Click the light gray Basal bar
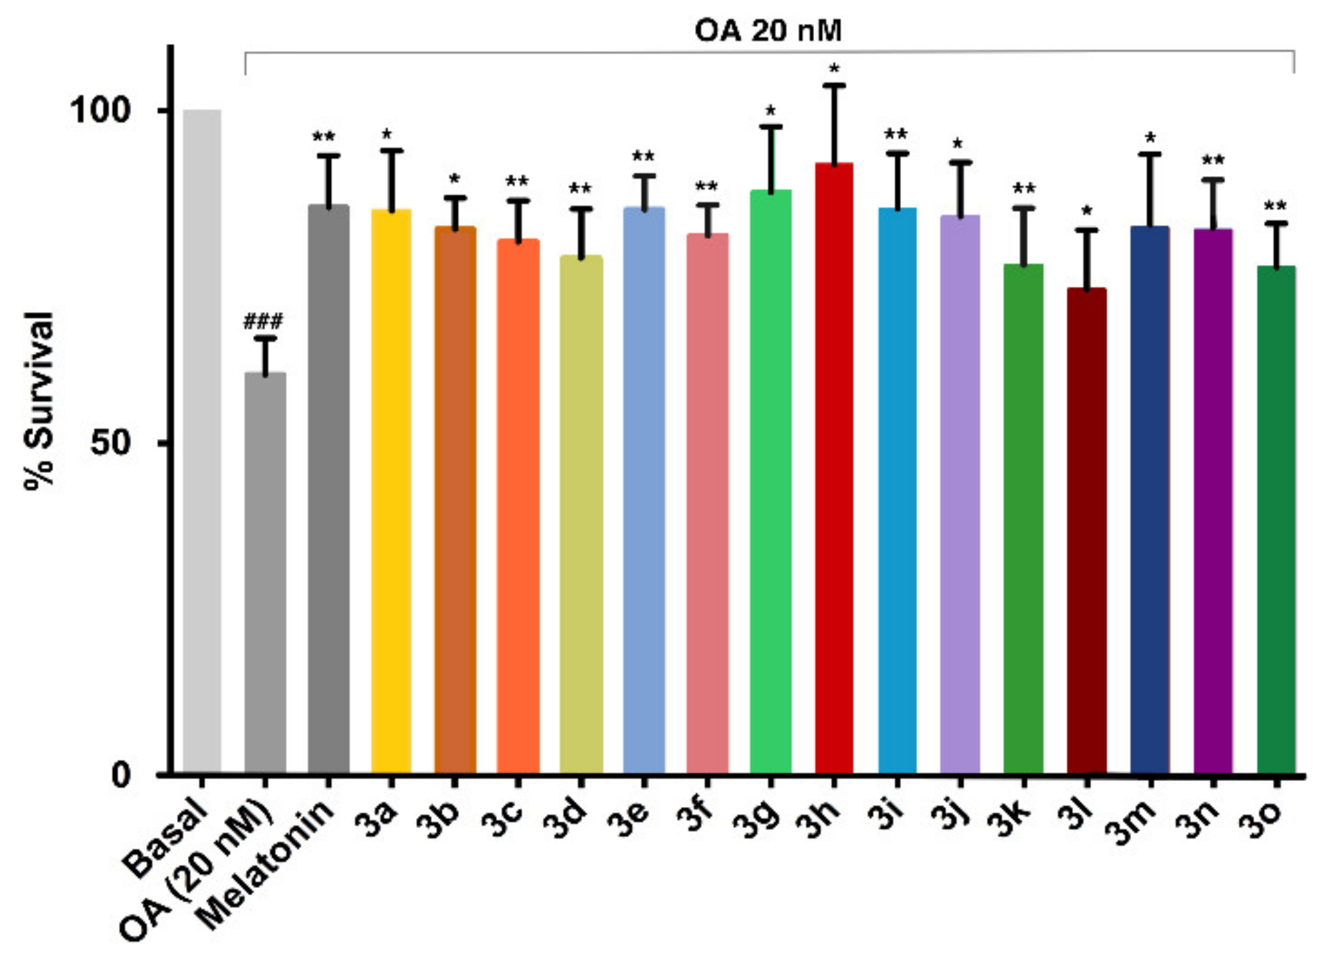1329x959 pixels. coord(202,442)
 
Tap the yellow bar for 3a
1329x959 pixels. coord(391,491)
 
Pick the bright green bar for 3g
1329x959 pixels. coord(771,481)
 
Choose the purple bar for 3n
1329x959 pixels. coord(1213,501)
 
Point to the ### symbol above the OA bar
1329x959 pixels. coord(263,322)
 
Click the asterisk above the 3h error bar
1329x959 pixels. coord(835,69)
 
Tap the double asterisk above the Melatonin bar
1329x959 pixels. coord(324,138)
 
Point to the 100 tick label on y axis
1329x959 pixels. coord(100,110)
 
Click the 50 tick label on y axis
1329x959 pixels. coord(110,443)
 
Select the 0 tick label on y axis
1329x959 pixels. coord(121,775)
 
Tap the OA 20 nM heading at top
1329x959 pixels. coord(767,31)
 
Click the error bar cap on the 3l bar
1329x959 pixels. coord(1087,230)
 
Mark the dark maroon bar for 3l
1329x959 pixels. coord(1087,531)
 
